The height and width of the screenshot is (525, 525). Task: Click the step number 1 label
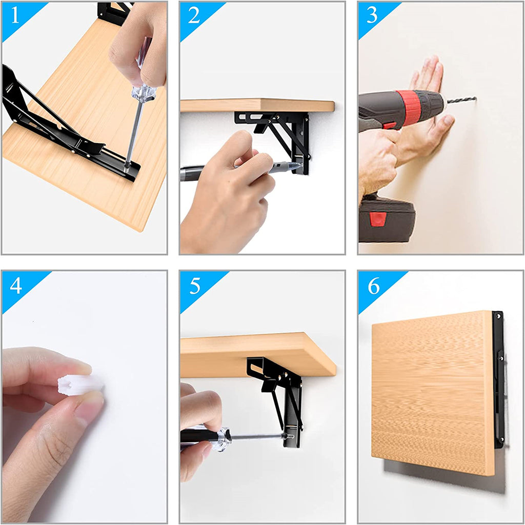pos(15,16)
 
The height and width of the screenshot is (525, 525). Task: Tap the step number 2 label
pos(194,15)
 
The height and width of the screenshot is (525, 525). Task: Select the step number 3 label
pos(372,15)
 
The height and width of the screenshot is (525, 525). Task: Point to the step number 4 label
pos(16,286)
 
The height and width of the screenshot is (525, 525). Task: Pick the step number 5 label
pos(194,286)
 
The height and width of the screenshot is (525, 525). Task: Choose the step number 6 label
pos(374,286)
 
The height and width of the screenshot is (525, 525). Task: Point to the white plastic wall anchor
pos(80,385)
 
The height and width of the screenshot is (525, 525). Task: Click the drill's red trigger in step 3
pos(389,126)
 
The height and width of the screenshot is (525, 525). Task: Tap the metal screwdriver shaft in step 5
pos(257,437)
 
